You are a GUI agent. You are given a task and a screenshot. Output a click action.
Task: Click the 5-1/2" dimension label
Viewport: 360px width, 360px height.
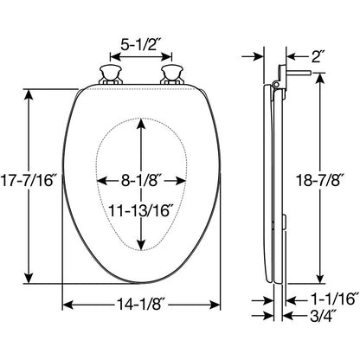pyautogui.click(x=140, y=45)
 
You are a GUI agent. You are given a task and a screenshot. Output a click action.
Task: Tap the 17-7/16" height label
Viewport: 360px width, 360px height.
pyautogui.click(x=27, y=182)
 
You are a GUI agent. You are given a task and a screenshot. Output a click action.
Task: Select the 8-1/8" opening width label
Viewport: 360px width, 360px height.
pyautogui.click(x=140, y=181)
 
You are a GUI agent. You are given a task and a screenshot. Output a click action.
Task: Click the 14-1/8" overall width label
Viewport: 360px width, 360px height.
pyautogui.click(x=140, y=305)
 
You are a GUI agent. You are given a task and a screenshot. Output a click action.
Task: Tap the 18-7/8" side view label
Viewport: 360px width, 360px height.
pyautogui.click(x=320, y=182)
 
